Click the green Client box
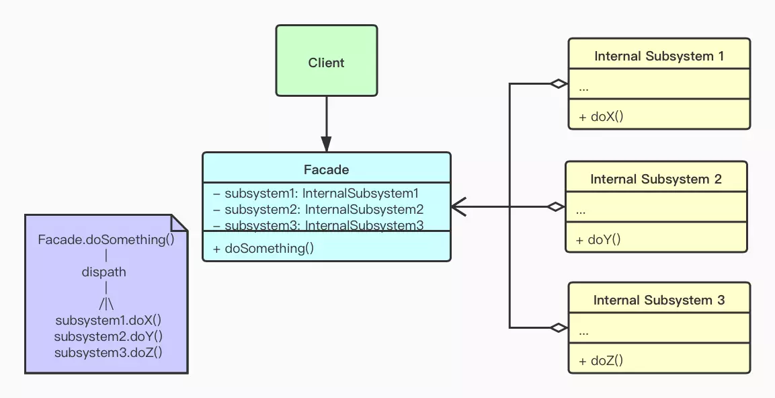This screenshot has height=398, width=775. (x=326, y=62)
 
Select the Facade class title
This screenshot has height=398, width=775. (x=326, y=169)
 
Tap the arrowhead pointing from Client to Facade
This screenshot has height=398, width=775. (x=326, y=144)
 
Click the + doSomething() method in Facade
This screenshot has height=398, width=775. (x=263, y=248)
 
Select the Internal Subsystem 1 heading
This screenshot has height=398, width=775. (x=659, y=56)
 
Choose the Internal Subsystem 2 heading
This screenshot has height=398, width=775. (x=655, y=179)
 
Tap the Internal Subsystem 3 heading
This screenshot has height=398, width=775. (x=659, y=300)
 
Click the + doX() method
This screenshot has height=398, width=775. (x=601, y=116)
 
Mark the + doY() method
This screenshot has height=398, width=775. (x=598, y=239)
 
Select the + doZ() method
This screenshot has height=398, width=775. (x=601, y=361)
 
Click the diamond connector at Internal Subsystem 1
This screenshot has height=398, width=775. (x=558, y=83)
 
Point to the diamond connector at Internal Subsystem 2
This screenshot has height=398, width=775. (x=555, y=206)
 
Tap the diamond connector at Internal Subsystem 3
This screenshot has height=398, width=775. (x=558, y=327)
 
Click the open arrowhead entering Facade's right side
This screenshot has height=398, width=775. (x=459, y=206)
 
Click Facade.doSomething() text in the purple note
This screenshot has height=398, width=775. (x=106, y=240)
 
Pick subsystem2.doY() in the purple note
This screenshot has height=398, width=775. (x=108, y=336)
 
